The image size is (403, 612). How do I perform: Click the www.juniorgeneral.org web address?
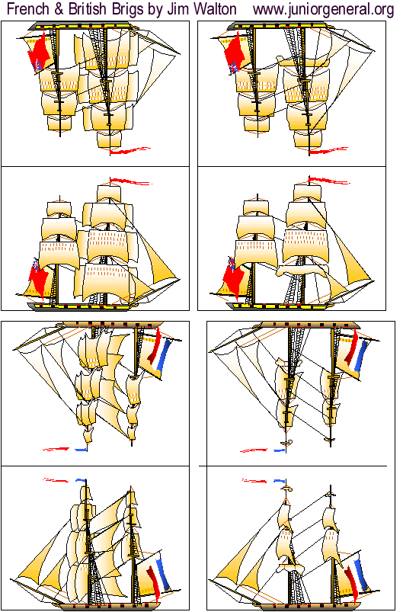tap(322, 9)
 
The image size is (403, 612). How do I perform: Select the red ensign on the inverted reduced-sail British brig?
tap(235, 53)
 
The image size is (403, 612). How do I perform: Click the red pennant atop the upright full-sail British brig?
tap(127, 182)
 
